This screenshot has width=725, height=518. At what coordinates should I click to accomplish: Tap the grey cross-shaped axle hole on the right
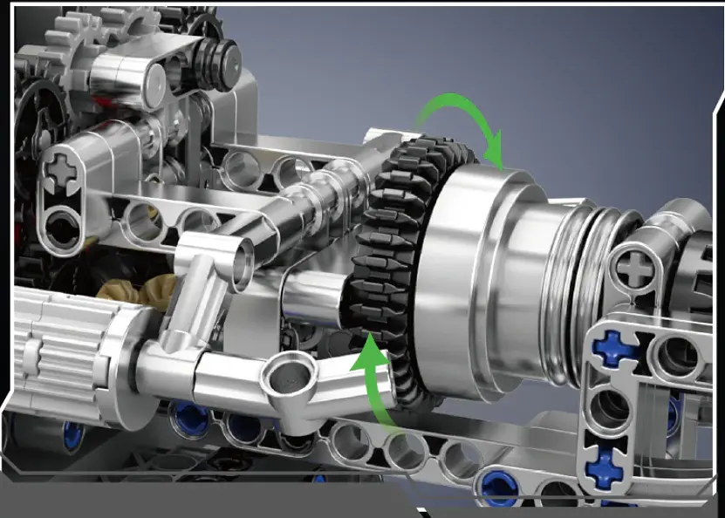pyautogui.click(x=637, y=266)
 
